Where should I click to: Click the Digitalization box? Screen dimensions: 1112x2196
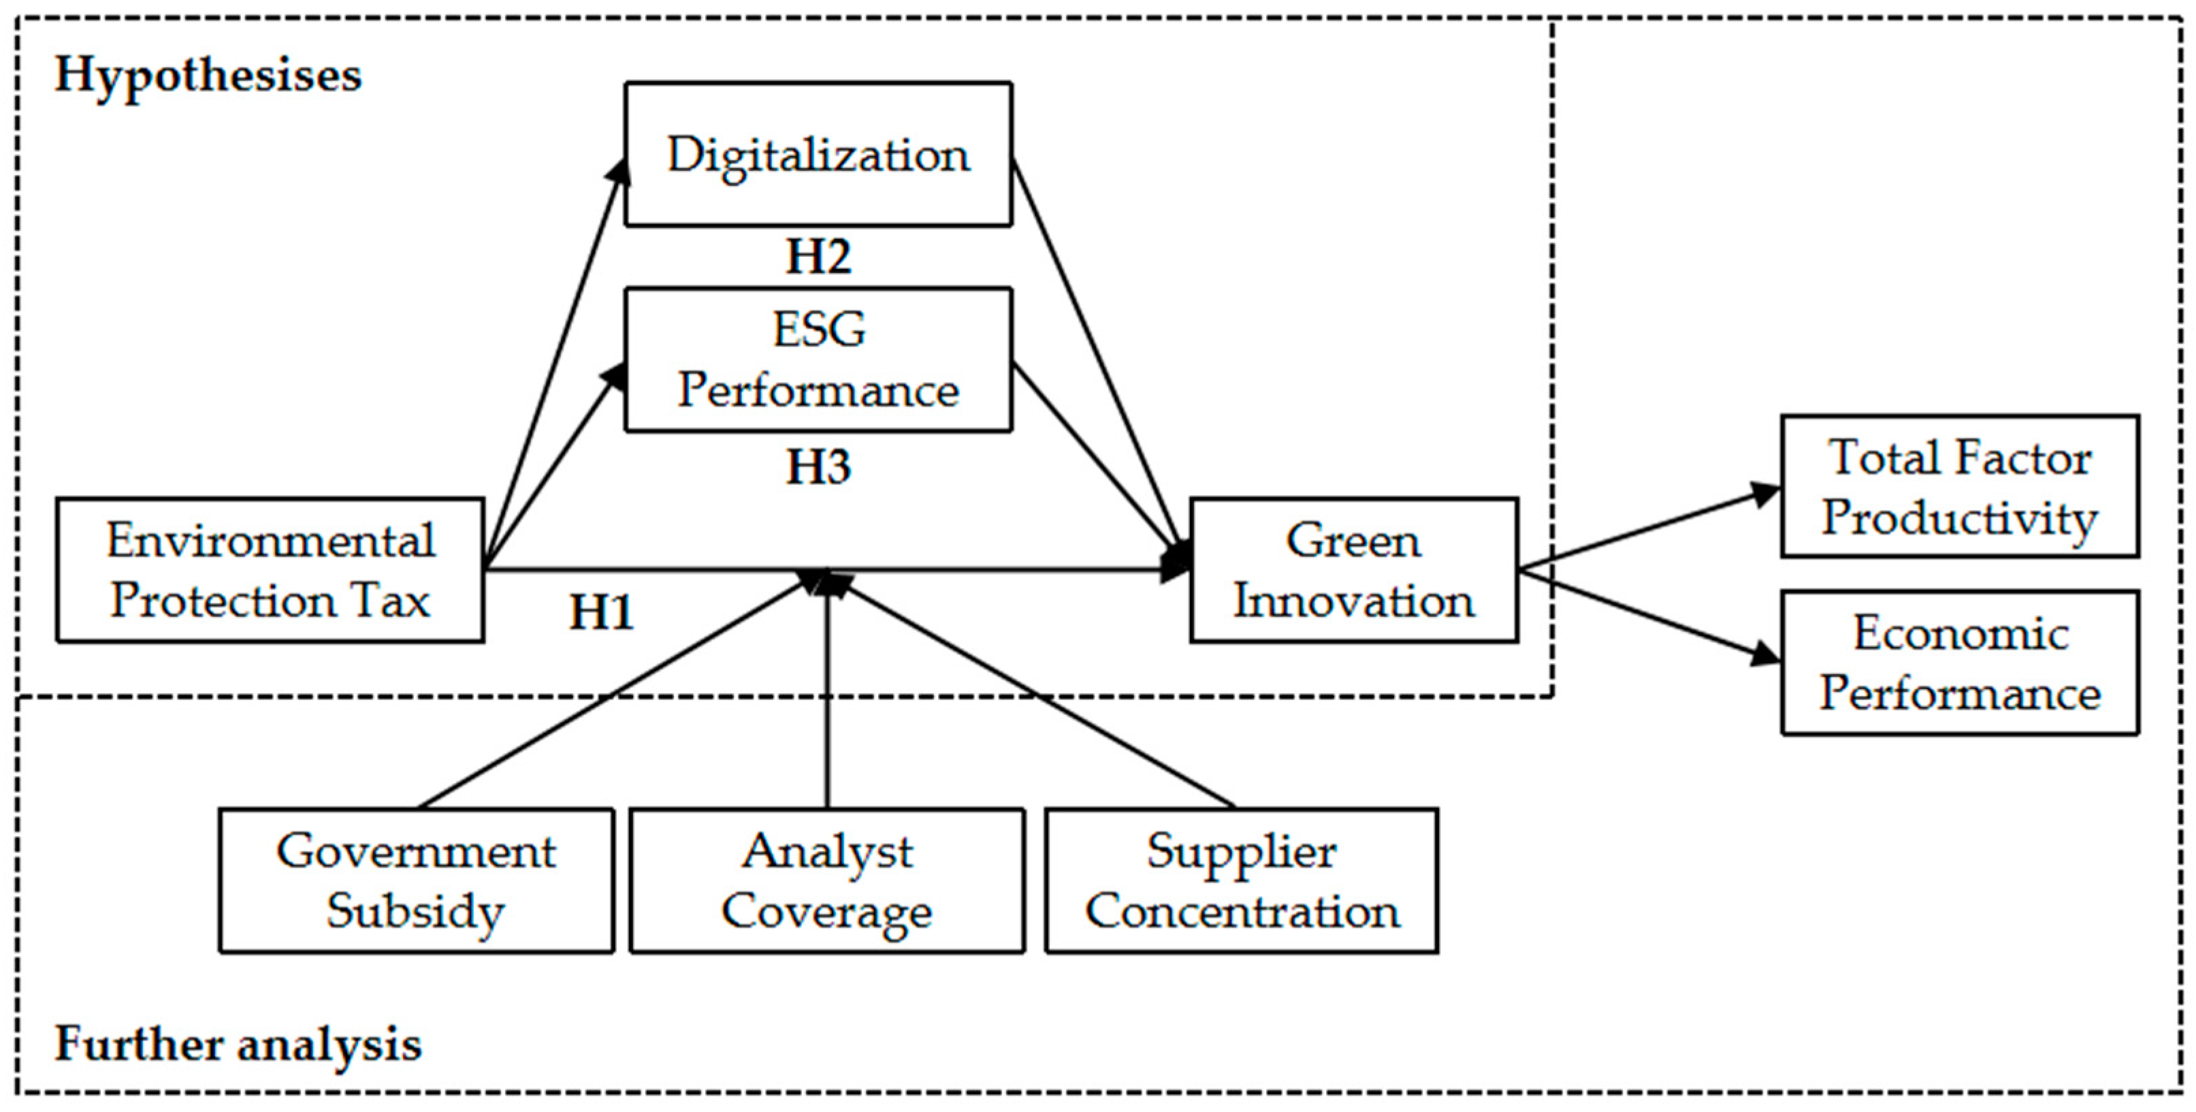pyautogui.click(x=818, y=155)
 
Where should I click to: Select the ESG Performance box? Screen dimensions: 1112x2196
pyautogui.click(x=818, y=359)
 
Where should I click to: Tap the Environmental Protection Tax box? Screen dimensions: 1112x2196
pyautogui.click(x=270, y=570)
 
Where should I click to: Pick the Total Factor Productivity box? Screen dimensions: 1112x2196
pyautogui.click(x=1959, y=486)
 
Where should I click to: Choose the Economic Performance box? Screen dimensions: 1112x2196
pyautogui.click(x=1959, y=662)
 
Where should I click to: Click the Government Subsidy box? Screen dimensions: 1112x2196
pyautogui.click(x=416, y=880)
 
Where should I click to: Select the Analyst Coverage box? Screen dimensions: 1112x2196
pyautogui.click(x=827, y=880)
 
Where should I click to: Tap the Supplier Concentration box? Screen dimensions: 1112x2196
pyautogui.click(x=1241, y=880)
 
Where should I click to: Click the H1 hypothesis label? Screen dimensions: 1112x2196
pyautogui.click(x=601, y=612)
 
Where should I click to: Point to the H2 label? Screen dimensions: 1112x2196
pyautogui.click(x=818, y=257)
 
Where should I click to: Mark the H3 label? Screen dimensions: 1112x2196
pyautogui.click(x=818, y=466)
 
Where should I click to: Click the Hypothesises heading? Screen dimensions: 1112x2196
pyautogui.click(x=208, y=75)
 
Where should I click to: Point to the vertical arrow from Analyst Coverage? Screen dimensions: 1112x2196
pyautogui.click(x=827, y=699)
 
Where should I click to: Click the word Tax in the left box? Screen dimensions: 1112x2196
pyautogui.click(x=392, y=601)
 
